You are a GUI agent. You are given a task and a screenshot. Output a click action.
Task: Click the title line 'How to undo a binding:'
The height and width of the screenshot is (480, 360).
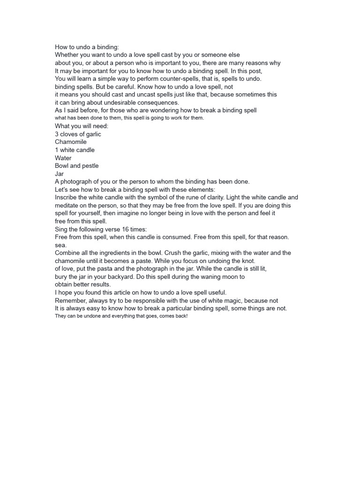point(87,47)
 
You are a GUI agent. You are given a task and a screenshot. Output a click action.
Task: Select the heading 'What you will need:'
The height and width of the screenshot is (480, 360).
point(82,126)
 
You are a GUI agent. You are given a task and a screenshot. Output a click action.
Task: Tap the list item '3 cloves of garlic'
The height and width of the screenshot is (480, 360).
point(78,134)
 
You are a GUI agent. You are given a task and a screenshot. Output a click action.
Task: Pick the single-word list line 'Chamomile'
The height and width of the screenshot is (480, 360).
point(71,142)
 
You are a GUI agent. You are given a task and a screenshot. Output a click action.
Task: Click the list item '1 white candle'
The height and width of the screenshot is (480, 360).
point(75,150)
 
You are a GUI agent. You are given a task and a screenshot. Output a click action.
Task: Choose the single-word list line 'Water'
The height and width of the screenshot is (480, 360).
point(63,158)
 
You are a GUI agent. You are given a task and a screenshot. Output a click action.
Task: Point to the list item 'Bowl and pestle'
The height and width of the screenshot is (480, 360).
point(77,166)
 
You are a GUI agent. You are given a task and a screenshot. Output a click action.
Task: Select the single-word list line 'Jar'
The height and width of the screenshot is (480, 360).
point(59,173)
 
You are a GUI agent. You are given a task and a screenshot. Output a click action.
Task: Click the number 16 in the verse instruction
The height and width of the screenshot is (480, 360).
point(127,229)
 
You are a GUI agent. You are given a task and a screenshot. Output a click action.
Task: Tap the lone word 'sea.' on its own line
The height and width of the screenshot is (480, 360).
point(61,245)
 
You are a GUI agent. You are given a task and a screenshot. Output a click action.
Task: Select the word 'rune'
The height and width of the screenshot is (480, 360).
point(202,197)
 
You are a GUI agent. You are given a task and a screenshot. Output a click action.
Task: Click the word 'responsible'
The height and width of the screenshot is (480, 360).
point(144,300)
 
